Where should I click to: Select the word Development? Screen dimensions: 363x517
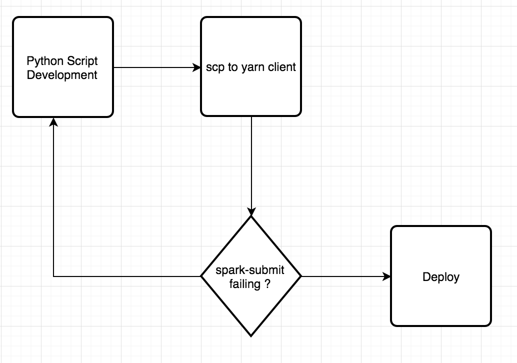(x=62, y=75)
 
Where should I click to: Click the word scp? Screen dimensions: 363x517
(x=215, y=67)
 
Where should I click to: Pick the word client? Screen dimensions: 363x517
(x=281, y=67)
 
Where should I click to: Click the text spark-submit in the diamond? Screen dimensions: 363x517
(x=250, y=270)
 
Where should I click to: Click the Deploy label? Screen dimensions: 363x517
(x=440, y=276)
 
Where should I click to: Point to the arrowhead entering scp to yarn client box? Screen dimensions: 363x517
(x=196, y=67)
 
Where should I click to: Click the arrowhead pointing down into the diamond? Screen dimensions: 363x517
(x=251, y=211)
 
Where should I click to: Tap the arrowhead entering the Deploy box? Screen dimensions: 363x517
(x=386, y=276)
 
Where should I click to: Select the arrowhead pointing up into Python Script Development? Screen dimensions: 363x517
(x=53, y=122)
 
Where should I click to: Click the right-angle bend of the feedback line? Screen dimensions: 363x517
(x=53, y=276)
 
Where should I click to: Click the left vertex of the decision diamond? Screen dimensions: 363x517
(x=201, y=276)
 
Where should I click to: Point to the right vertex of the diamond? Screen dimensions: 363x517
(x=301, y=276)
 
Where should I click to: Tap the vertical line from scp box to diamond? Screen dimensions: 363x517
(x=251, y=160)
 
